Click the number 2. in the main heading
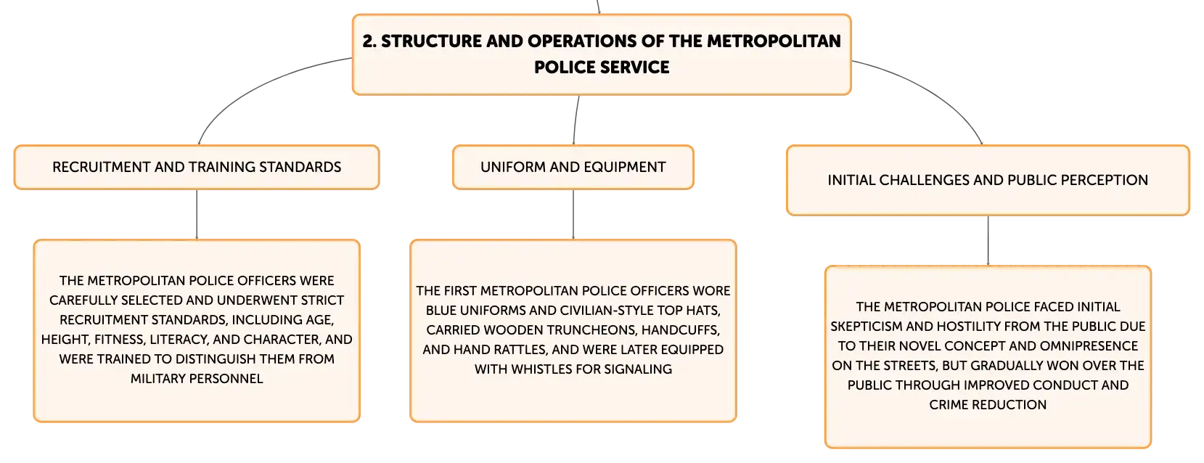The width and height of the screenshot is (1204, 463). [x=369, y=41]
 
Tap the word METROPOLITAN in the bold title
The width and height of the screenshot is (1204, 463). [x=774, y=41]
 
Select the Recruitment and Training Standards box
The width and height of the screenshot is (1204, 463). [x=197, y=167]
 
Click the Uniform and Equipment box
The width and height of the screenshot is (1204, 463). [x=573, y=167]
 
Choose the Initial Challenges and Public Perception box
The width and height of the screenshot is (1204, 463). [x=988, y=180]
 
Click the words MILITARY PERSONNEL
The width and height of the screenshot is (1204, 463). [x=197, y=379]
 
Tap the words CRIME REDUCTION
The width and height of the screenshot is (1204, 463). [x=988, y=404]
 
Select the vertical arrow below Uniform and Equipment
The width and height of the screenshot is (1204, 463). [x=573, y=215]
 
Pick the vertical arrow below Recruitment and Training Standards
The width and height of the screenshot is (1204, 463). [x=197, y=215]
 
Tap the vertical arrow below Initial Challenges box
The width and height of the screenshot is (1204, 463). [x=988, y=240]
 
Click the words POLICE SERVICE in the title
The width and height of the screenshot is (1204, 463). [x=602, y=67]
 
